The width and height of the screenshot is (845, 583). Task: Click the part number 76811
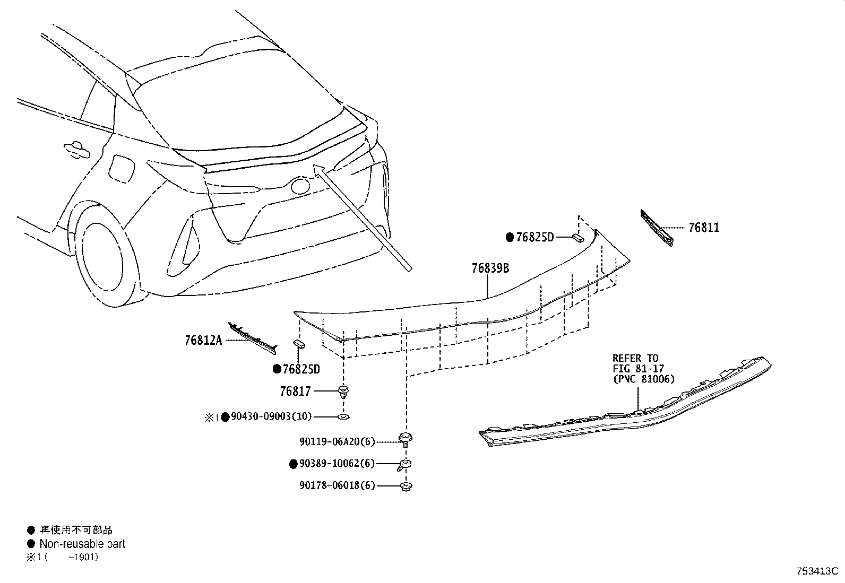pyautogui.click(x=704, y=228)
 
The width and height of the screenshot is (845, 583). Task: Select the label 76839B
pyautogui.click(x=490, y=268)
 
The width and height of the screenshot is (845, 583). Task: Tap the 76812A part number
pyautogui.click(x=203, y=341)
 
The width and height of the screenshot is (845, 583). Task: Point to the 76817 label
pyautogui.click(x=295, y=391)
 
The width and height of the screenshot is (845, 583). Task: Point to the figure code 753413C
pyautogui.click(x=816, y=571)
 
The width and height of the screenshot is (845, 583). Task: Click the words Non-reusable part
pyautogui.click(x=82, y=544)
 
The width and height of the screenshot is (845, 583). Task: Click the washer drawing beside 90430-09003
pyautogui.click(x=343, y=417)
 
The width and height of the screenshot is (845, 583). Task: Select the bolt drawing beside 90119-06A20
pyautogui.click(x=406, y=439)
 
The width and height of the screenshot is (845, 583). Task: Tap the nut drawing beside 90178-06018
pyautogui.click(x=406, y=486)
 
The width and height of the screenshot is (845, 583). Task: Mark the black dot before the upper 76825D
pyautogui.click(x=510, y=238)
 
